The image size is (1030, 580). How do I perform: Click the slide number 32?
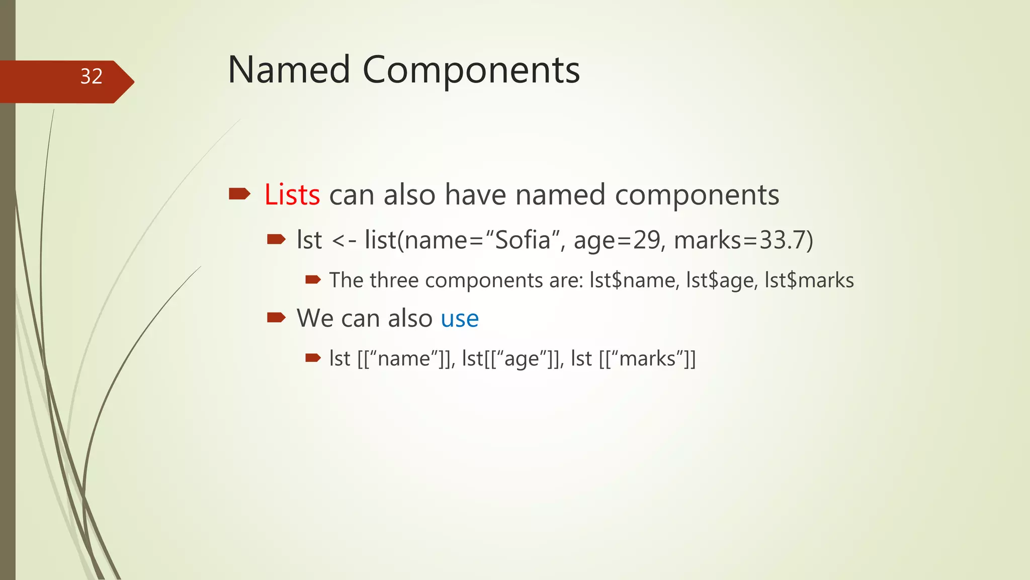[x=91, y=77]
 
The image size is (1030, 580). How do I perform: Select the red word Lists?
[x=292, y=195]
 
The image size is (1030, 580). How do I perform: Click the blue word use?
[x=460, y=319]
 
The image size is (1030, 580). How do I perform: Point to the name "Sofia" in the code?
[x=523, y=240]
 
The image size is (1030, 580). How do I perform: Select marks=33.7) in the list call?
[x=743, y=240]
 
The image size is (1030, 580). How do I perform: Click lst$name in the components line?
[x=633, y=280]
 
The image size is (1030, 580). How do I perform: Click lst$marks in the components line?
[x=809, y=280]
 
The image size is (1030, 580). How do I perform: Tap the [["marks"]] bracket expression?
[x=648, y=359]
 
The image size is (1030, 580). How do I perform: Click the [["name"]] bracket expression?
[x=405, y=359]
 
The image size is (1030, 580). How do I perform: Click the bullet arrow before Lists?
[x=239, y=194]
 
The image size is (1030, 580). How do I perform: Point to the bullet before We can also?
[x=276, y=317]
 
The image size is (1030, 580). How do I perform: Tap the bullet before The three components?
[x=313, y=279]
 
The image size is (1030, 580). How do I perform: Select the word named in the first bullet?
[x=560, y=195]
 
